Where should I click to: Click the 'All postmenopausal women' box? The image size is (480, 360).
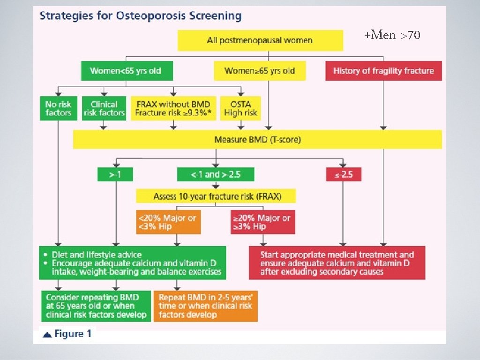pos(260,40)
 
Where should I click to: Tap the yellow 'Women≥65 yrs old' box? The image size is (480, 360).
pos(260,71)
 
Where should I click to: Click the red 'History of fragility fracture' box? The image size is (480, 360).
pos(383,71)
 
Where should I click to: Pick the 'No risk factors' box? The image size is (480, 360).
pos(58,108)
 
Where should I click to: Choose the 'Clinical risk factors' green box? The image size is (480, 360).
pos(104,108)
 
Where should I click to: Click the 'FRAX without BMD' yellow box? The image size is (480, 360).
pos(172,108)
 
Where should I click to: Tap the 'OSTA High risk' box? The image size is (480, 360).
pos(240,108)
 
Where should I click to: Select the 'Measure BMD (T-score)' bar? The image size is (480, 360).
pos(257,139)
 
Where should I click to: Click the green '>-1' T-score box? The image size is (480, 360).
pos(115,174)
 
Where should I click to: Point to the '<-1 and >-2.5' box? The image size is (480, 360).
pos(216,174)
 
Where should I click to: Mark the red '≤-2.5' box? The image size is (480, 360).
pos(344,174)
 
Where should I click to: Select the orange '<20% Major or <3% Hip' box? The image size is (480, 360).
pos(168,222)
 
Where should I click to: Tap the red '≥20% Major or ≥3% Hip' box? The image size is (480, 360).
pos(262,222)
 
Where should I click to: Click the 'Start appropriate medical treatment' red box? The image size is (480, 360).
pos(337,263)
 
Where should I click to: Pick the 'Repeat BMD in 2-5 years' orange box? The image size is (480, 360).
pos(205,306)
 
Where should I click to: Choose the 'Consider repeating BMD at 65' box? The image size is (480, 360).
pos(96,306)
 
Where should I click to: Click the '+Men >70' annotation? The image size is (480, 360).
pos(392,35)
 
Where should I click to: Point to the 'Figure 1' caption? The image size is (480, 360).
pos(68,334)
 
